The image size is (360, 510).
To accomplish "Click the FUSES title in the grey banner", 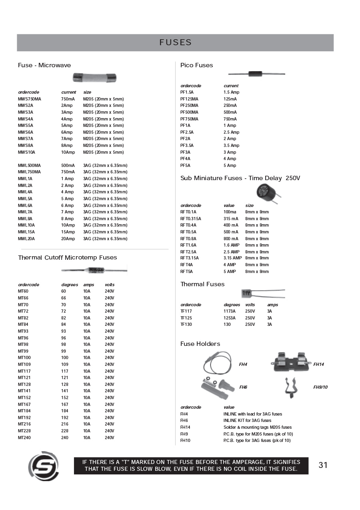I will pos(175,42).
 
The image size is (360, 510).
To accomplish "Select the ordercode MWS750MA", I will pos(30,99).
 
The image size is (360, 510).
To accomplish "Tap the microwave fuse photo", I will pos(94,78).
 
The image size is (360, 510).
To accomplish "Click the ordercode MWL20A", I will pos(26,239).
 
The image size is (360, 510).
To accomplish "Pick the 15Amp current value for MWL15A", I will pos(68,232).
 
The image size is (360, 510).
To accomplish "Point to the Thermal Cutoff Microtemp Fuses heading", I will pos(67,257).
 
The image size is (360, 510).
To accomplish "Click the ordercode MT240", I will pos(24,438).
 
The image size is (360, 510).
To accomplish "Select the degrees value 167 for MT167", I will pos(64,404).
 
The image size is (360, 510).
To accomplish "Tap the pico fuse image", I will pos(256,74).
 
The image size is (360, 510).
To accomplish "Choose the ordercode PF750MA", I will pos(189,119).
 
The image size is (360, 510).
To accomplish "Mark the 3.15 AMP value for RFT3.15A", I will pos(232,258).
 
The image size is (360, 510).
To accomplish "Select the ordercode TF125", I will pos(186,318).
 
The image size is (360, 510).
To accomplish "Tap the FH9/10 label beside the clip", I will pos(320,387).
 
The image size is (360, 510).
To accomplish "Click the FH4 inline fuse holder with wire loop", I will pos(218,361).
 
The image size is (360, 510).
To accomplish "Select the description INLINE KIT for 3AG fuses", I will pos(247,420).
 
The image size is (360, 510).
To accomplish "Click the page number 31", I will pos(323,465).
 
